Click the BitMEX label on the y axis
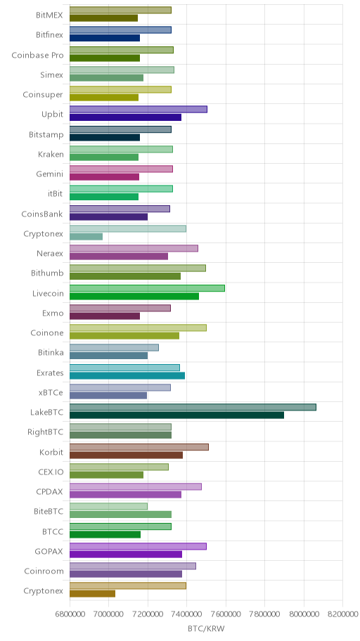click(x=49, y=15)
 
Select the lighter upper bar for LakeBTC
click(x=193, y=407)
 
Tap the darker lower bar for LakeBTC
click(x=176, y=415)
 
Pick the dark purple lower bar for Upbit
click(x=125, y=117)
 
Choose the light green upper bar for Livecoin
click(x=147, y=288)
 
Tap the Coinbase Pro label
click(x=38, y=56)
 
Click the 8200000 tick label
click(x=343, y=614)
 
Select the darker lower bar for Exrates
click(x=127, y=376)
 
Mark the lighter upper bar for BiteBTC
click(x=108, y=507)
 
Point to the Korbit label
click(x=51, y=452)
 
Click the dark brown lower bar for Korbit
click(x=126, y=455)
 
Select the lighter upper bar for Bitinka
click(x=114, y=347)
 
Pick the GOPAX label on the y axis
click(x=49, y=552)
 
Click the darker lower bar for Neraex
click(x=119, y=257)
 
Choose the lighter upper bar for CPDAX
click(x=136, y=486)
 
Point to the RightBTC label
click(x=46, y=432)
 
